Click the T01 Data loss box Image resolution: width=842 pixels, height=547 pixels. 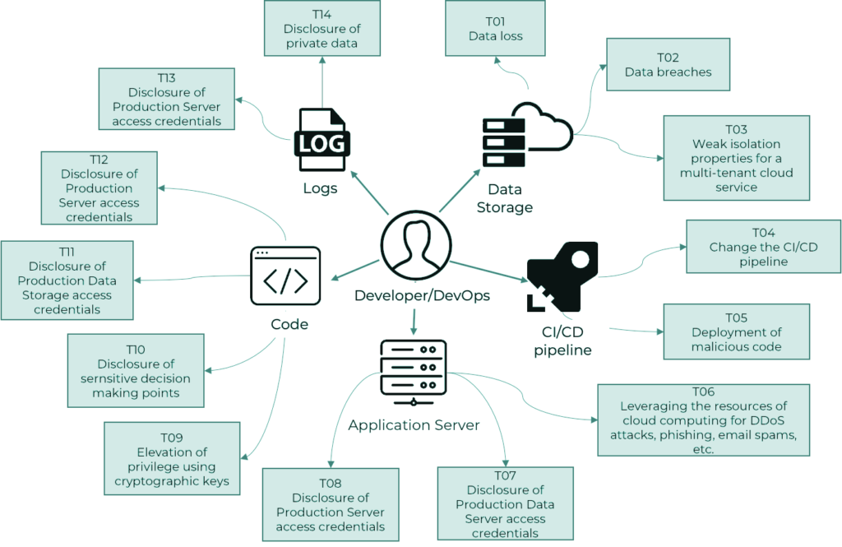tap(495, 29)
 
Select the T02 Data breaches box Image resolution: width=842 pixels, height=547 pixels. tap(668, 65)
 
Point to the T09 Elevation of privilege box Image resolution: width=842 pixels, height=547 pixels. tap(172, 458)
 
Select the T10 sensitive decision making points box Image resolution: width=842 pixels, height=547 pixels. tap(135, 370)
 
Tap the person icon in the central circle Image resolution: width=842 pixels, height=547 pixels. tap(415, 245)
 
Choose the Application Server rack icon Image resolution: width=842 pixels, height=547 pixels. tap(414, 373)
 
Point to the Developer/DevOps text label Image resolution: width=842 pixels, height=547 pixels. tap(422, 295)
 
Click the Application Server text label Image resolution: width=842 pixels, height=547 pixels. tap(414, 425)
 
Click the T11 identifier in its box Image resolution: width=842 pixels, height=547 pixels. tap(67, 250)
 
